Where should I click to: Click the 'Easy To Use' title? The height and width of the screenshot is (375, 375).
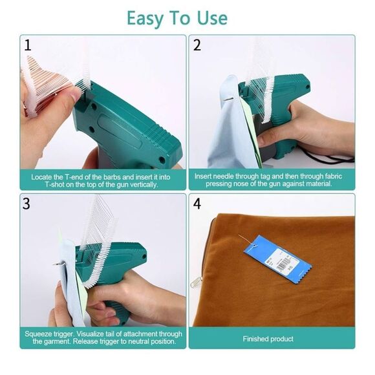pyautogui.click(x=177, y=18)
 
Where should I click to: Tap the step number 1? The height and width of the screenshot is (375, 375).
pyautogui.click(x=28, y=45)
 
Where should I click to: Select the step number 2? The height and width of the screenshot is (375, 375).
pyautogui.click(x=197, y=45)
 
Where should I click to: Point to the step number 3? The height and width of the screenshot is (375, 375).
pyautogui.click(x=27, y=204)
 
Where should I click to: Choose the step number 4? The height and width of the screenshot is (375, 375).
pyautogui.click(x=197, y=204)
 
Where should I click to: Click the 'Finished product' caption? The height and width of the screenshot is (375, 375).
pyautogui.click(x=268, y=339)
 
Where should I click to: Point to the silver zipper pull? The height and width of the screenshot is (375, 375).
pyautogui.click(x=196, y=281)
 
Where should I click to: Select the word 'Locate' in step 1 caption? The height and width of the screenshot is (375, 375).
pyautogui.click(x=41, y=177)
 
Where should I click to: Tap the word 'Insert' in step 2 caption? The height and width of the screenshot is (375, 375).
pyautogui.click(x=203, y=177)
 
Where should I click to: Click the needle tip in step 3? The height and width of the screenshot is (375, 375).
pyautogui.click(x=54, y=264)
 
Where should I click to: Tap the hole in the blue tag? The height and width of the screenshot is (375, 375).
pyautogui.click(x=255, y=246)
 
